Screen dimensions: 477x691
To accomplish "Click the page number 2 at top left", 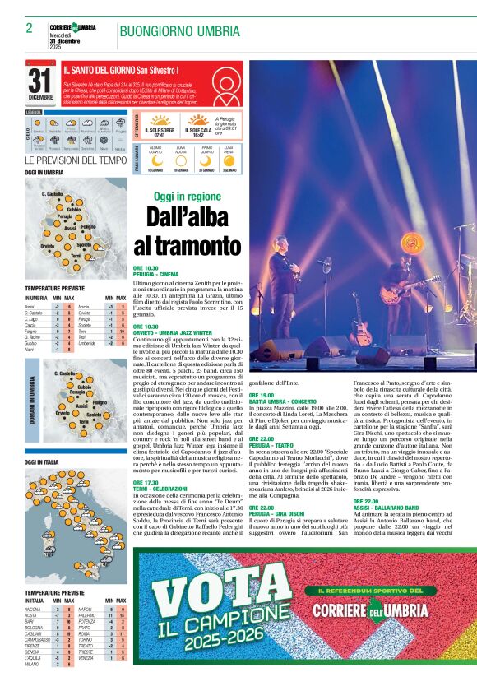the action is tap(29, 28).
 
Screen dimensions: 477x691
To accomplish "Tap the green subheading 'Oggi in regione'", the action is tap(188, 197).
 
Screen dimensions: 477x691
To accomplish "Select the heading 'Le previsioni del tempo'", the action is tap(76, 160).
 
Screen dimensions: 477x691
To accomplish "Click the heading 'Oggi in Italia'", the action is tap(41, 463).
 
